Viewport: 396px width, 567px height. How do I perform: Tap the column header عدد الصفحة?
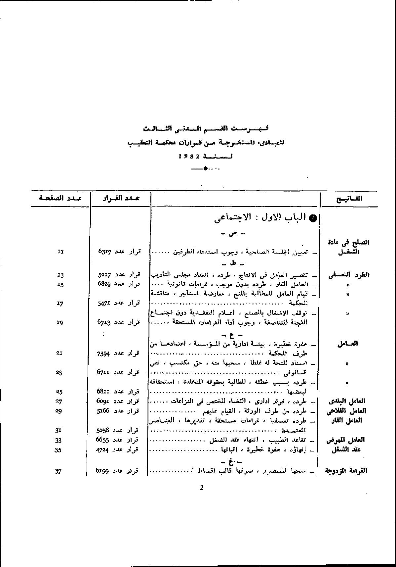pyautogui.click(x=60, y=198)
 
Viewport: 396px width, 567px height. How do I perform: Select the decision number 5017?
pyautogui.click(x=105, y=274)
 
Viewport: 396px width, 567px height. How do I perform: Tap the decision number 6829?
pyautogui.click(x=105, y=284)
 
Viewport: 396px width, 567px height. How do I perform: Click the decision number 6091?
pyautogui.click(x=105, y=401)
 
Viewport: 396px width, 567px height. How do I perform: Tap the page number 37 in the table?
pyautogui.click(x=59, y=471)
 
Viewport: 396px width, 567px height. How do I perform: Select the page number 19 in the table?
pyautogui.click(x=60, y=322)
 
